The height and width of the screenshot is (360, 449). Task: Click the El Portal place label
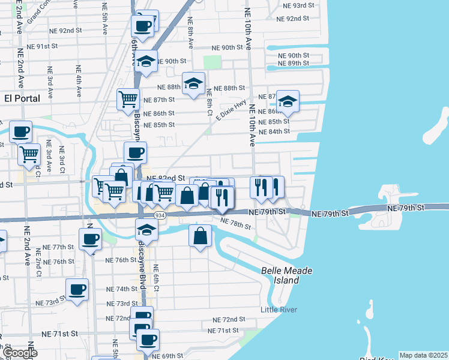[x=22, y=98]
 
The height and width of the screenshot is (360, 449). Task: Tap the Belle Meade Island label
[x=288, y=275]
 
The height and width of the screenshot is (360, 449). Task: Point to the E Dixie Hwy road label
[x=231, y=110]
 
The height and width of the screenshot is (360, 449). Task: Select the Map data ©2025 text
[x=423, y=355]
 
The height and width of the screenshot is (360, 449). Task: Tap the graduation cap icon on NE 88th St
[x=193, y=83]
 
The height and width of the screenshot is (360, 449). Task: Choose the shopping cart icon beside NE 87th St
[x=128, y=99]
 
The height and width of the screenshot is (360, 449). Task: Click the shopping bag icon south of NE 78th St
[x=200, y=236]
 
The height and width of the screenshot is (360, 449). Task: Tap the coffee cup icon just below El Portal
[x=20, y=131]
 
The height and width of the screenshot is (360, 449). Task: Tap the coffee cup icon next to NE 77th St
[x=91, y=239]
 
